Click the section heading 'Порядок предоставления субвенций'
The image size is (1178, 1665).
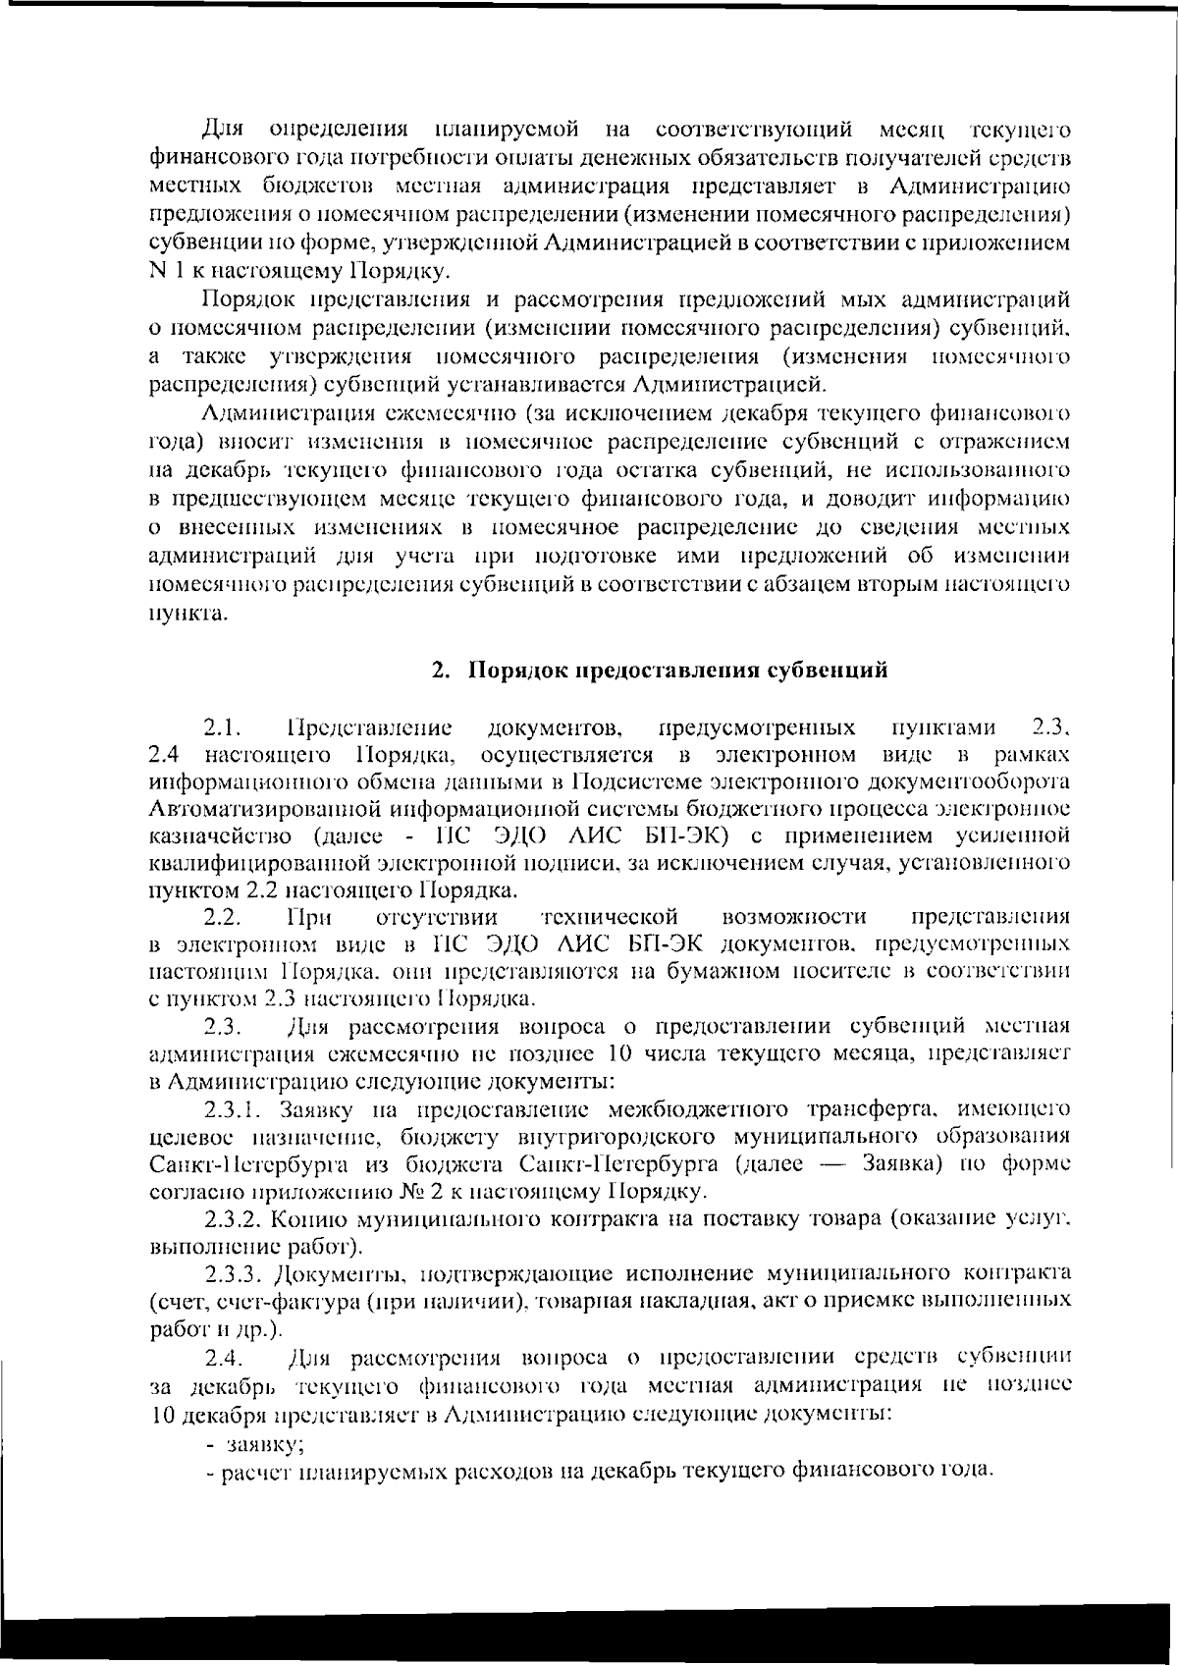tap(677, 671)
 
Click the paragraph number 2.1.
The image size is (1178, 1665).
tap(222, 728)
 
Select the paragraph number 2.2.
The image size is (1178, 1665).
tap(222, 917)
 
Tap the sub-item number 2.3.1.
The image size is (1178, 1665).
tap(238, 1110)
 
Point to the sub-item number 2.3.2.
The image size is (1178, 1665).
tap(238, 1220)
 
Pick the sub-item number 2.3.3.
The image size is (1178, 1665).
tap(238, 1275)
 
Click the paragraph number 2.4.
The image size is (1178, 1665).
tap(222, 1359)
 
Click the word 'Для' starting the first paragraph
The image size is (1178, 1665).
tap(223, 129)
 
